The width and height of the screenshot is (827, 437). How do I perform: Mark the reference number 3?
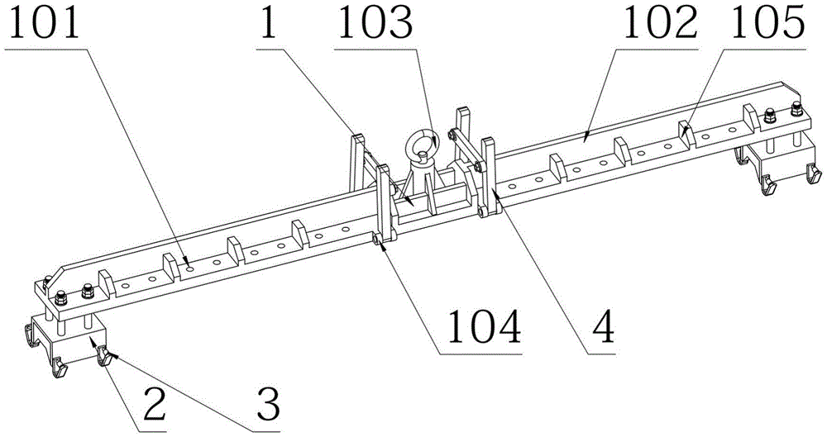coord(266,406)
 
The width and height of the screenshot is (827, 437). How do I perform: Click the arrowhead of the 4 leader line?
coord(493,189)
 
